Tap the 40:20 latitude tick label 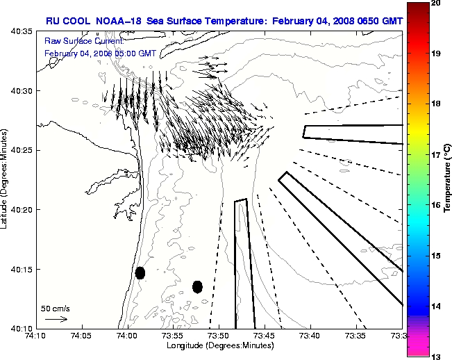[x=20, y=209]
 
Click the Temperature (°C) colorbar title [x=448, y=179]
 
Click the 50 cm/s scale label [x=55, y=308]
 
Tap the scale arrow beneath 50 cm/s [x=56, y=319]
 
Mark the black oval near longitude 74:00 [x=140, y=272]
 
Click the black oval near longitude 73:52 [x=197, y=286]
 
